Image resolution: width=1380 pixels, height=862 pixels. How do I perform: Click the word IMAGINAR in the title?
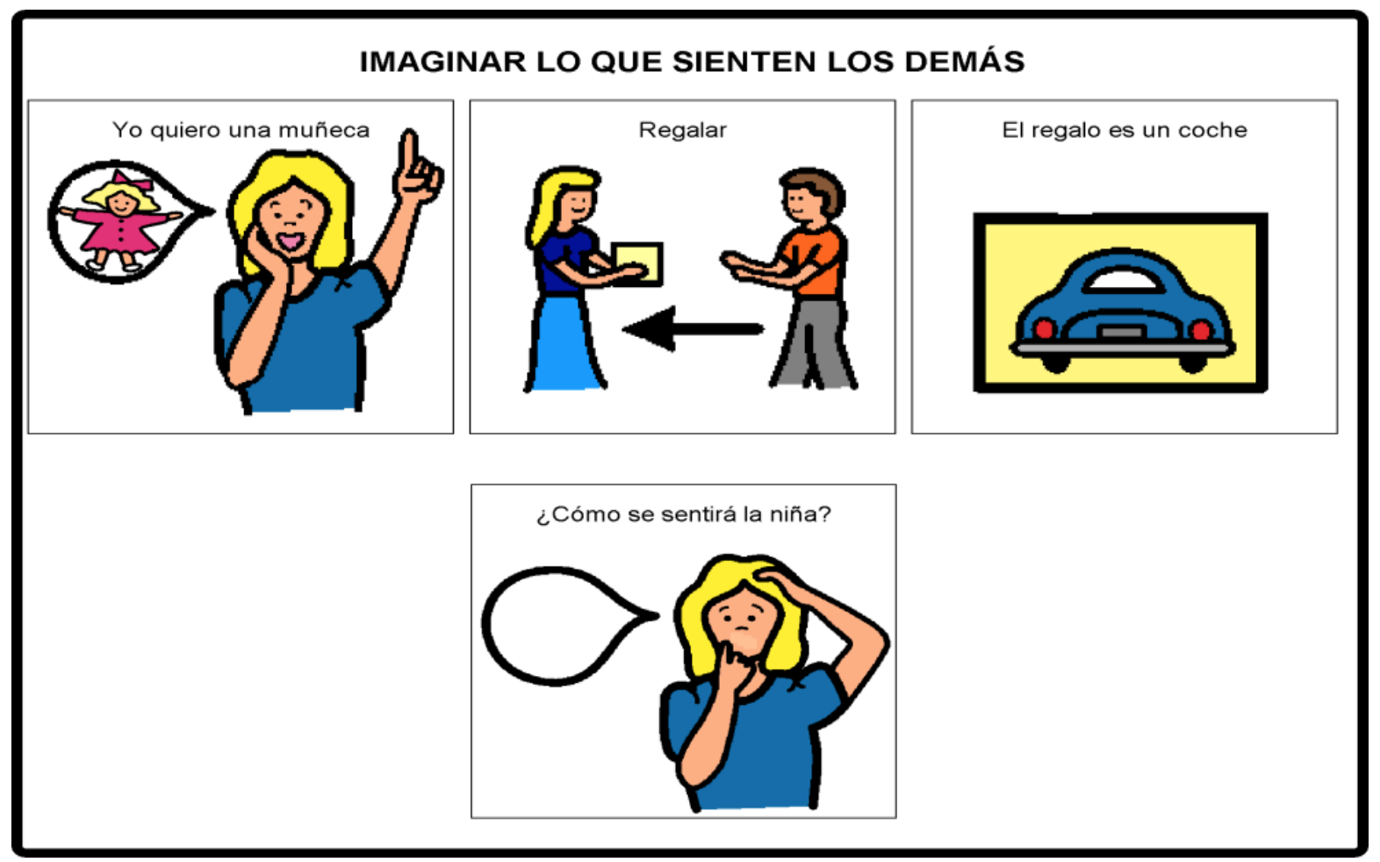point(443,62)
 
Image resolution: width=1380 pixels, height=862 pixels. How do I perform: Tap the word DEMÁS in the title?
point(965,61)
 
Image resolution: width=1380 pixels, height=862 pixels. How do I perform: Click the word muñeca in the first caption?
point(324,130)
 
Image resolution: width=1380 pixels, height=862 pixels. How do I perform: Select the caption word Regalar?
point(683,131)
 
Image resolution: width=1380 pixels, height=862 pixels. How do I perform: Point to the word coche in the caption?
point(1212,130)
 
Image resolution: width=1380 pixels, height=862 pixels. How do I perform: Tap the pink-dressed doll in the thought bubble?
point(121,222)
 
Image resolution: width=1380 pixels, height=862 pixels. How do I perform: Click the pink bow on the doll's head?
point(132,180)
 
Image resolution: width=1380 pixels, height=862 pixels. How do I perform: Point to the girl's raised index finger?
point(408,153)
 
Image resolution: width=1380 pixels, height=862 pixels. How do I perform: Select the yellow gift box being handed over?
point(637,264)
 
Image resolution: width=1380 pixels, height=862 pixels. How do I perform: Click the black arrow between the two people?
point(694,329)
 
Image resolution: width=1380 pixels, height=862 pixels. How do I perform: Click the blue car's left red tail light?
point(1044,329)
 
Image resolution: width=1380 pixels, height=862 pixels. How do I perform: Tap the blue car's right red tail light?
point(1201,330)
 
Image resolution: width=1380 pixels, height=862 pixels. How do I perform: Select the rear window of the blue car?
point(1123,281)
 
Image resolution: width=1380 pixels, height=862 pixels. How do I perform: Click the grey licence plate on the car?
point(1122,333)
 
